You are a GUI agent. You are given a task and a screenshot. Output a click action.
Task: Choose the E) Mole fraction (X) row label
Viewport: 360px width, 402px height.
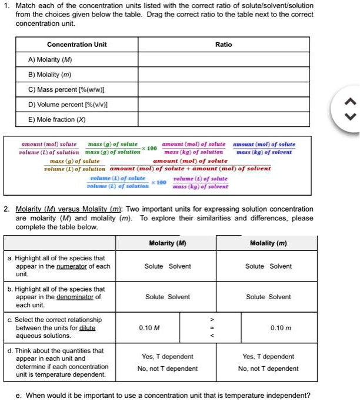pyautogui.click(x=60, y=119)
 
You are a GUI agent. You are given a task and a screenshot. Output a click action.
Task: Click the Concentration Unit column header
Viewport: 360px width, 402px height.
pyautogui.click(x=77, y=44)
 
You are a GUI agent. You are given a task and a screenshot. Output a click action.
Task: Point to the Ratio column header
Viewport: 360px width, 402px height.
pyautogui.click(x=224, y=44)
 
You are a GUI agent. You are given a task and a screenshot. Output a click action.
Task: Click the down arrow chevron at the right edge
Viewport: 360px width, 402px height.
pyautogui.click(x=349, y=116)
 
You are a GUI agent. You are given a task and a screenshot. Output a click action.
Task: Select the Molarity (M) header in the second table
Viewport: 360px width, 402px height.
pyautogui.click(x=168, y=243)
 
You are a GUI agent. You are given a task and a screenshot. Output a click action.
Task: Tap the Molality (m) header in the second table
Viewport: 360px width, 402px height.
pyautogui.click(x=268, y=243)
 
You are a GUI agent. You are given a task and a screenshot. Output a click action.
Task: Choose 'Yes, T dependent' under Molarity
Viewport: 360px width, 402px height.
pyautogui.click(x=168, y=356)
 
